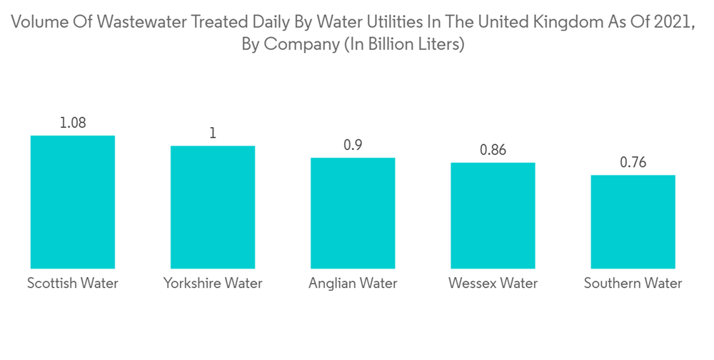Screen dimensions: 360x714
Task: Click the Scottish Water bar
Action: coord(72,201)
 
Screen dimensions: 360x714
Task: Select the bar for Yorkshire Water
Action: coord(212,207)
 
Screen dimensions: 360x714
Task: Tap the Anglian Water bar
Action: coord(352,213)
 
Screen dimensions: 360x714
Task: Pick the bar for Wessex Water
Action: coord(492,215)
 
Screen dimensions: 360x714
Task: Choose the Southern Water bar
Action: coord(633,221)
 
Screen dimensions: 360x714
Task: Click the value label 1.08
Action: coord(72,123)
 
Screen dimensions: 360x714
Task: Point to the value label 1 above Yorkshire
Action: coord(212,134)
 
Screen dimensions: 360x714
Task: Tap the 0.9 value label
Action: coord(352,145)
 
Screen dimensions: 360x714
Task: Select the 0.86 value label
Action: coord(492,150)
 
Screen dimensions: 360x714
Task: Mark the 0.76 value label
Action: coord(633,163)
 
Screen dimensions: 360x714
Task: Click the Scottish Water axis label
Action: coord(72,283)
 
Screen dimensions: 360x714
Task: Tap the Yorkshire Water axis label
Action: coord(212,283)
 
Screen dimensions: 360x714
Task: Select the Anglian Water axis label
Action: coord(352,283)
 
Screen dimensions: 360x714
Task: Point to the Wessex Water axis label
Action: coord(492,283)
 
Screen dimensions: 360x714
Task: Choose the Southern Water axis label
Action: coord(633,283)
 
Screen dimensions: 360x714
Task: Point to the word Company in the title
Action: coord(301,44)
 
